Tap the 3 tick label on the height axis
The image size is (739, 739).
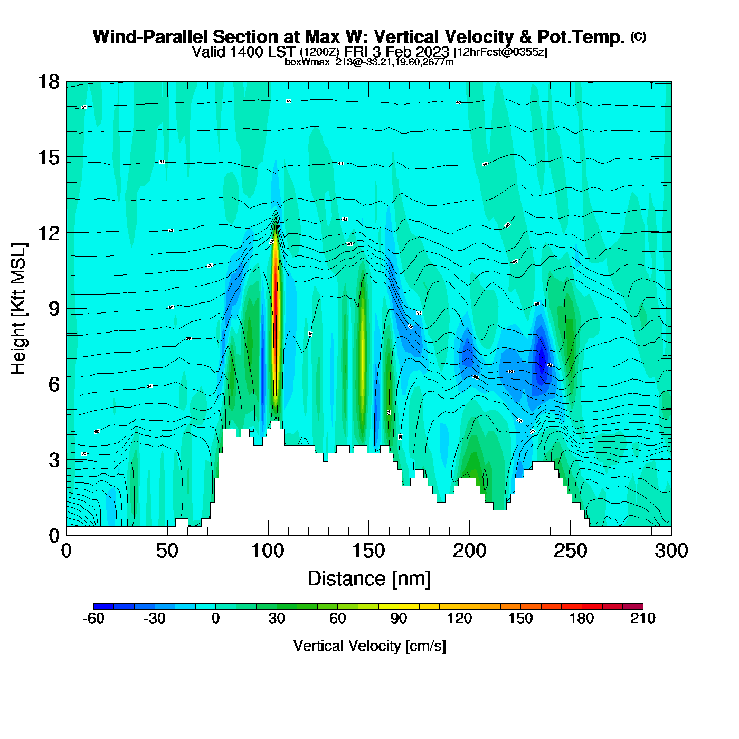pos(54,460)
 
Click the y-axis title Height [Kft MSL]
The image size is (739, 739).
pos(18,309)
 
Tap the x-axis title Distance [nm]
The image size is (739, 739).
pos(369,579)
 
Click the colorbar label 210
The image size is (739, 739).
pos(642,619)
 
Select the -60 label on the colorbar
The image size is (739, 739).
pos(93,619)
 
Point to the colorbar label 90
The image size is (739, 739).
pos(399,619)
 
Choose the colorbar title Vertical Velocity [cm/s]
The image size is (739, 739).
pos(369,646)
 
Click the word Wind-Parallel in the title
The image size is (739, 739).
pos(150,37)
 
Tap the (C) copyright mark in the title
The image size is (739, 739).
pos(638,36)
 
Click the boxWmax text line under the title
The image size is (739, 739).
pos(369,62)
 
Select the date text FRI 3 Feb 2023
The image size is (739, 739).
pos(396,52)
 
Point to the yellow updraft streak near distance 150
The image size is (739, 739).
pos(363,359)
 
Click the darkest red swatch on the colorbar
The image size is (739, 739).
pos(632,606)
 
